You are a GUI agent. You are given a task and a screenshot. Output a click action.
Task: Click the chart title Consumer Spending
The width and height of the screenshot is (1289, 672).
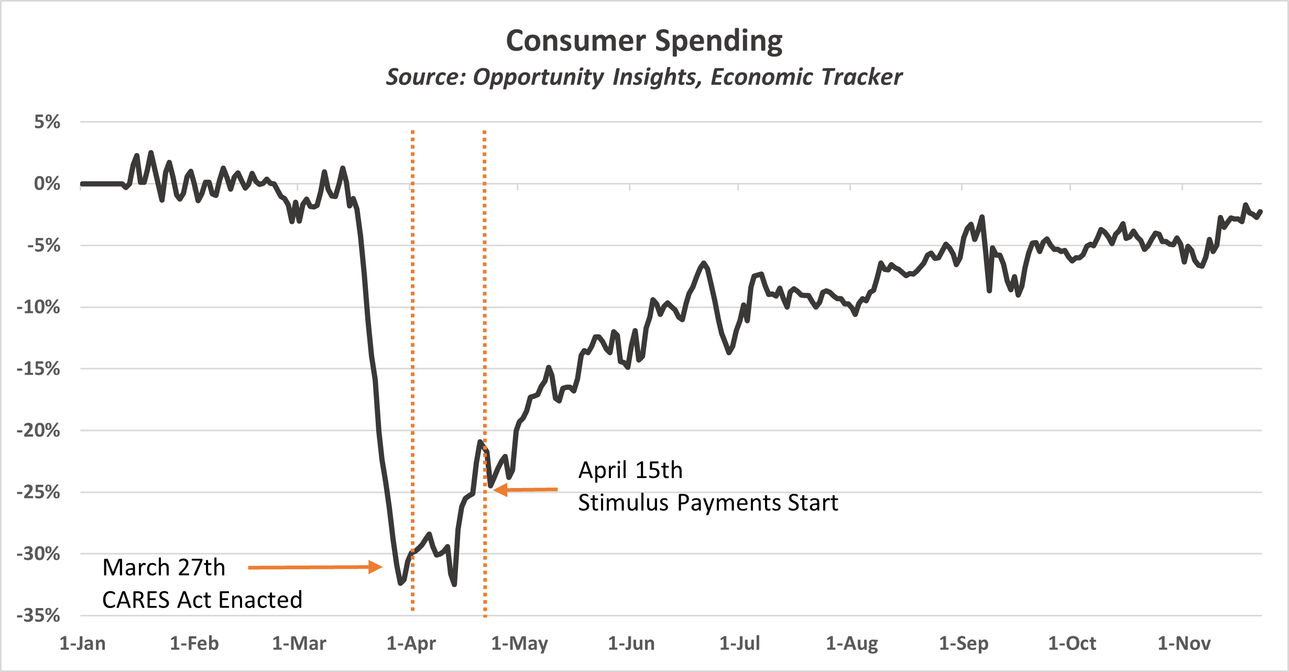pyautogui.click(x=644, y=41)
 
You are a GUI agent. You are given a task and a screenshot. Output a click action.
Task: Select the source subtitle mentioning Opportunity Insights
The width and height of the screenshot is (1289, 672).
pyautogui.click(x=644, y=77)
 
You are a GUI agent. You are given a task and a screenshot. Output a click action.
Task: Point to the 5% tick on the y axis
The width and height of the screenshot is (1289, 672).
pyautogui.click(x=47, y=122)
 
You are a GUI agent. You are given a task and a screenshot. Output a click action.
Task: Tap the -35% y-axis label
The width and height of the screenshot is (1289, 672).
pyautogui.click(x=38, y=615)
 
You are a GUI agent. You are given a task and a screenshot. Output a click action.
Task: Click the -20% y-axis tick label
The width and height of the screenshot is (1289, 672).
pyautogui.click(x=38, y=430)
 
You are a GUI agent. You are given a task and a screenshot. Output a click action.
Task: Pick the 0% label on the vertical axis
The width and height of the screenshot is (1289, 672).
pyautogui.click(x=47, y=184)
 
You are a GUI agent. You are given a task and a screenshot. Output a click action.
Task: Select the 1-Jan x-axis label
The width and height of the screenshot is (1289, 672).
pyautogui.click(x=82, y=643)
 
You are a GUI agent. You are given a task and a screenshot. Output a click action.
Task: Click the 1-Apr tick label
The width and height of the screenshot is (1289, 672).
pyautogui.click(x=411, y=643)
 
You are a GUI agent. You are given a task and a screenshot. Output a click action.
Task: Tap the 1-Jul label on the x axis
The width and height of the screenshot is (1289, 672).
pyautogui.click(x=739, y=643)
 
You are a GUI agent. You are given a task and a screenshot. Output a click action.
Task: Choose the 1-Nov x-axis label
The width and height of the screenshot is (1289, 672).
pyautogui.click(x=1184, y=643)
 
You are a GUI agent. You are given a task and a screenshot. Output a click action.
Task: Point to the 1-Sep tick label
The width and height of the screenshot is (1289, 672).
pyautogui.click(x=963, y=643)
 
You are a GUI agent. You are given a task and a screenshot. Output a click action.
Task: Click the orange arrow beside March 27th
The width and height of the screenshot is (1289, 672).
pyautogui.click(x=315, y=567)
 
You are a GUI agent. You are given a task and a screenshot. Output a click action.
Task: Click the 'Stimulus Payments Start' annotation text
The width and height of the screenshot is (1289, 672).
pyautogui.click(x=708, y=503)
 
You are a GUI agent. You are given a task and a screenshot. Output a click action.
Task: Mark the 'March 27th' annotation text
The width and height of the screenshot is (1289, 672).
pyautogui.click(x=164, y=568)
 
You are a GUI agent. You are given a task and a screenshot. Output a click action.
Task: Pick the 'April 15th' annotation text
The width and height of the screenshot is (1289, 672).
pyautogui.click(x=630, y=471)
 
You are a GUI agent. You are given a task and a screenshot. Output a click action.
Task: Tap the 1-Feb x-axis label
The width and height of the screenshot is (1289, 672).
pyautogui.click(x=194, y=643)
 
